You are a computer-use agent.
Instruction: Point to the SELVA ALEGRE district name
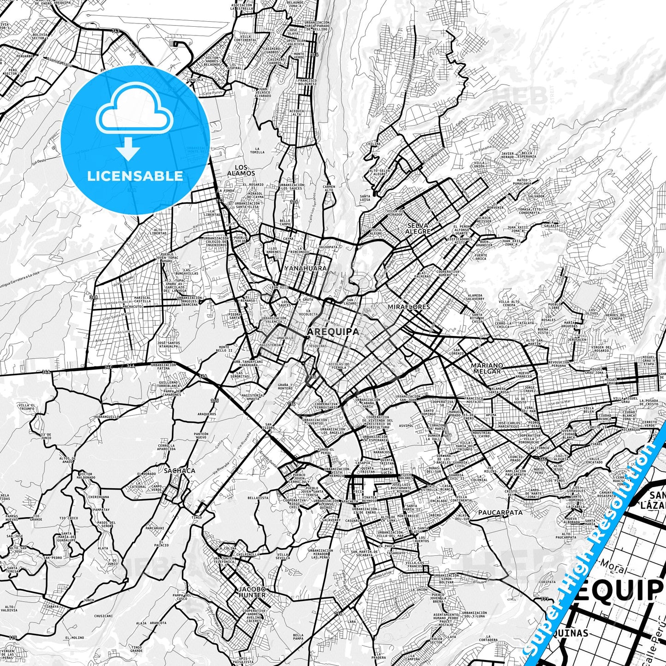418,229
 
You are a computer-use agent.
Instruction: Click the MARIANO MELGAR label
487,368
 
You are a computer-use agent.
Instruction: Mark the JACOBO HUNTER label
252,592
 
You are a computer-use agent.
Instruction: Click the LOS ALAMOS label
241,171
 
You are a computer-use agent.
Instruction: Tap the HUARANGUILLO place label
106,416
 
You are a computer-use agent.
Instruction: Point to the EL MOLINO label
74,637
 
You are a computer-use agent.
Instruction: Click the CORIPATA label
547,582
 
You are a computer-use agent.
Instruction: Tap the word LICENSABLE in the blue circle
135,176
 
